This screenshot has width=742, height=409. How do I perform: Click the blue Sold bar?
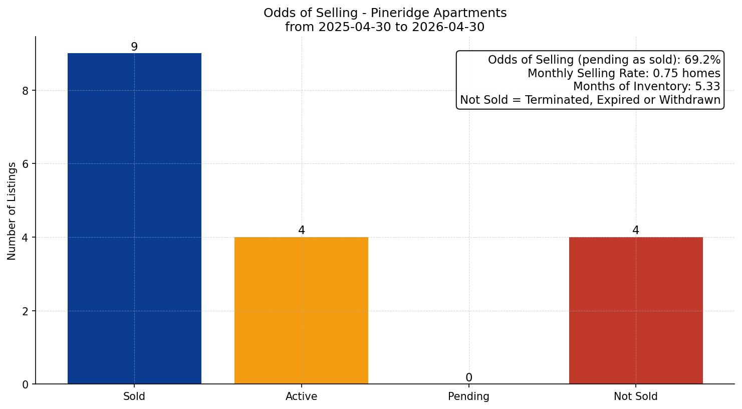click(x=134, y=219)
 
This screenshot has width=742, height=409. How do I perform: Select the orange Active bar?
click(x=301, y=311)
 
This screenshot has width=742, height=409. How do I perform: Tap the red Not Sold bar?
click(x=636, y=311)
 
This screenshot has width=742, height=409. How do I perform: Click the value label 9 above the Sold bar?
click(x=134, y=47)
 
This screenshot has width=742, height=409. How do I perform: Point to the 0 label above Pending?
click(x=469, y=377)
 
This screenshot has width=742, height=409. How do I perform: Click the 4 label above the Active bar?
click(x=302, y=230)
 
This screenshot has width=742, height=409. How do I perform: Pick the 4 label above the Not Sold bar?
click(x=636, y=230)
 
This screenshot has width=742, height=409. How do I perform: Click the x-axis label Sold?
click(x=134, y=396)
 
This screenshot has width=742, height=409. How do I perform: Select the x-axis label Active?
click(x=302, y=396)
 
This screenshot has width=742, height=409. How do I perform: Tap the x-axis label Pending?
click(x=469, y=397)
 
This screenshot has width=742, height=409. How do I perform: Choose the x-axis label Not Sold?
click(x=636, y=396)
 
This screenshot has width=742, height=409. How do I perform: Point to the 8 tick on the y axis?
click(x=26, y=91)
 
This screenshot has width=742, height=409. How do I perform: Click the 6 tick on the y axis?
click(x=26, y=164)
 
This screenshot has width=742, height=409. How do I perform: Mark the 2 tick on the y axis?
click(x=26, y=311)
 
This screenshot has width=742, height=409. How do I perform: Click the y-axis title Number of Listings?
click(x=12, y=211)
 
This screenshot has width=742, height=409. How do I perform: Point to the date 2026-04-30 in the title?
click(x=448, y=27)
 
